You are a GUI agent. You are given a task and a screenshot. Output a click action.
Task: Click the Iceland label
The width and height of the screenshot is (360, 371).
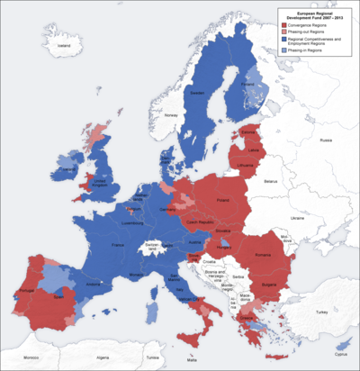62,44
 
